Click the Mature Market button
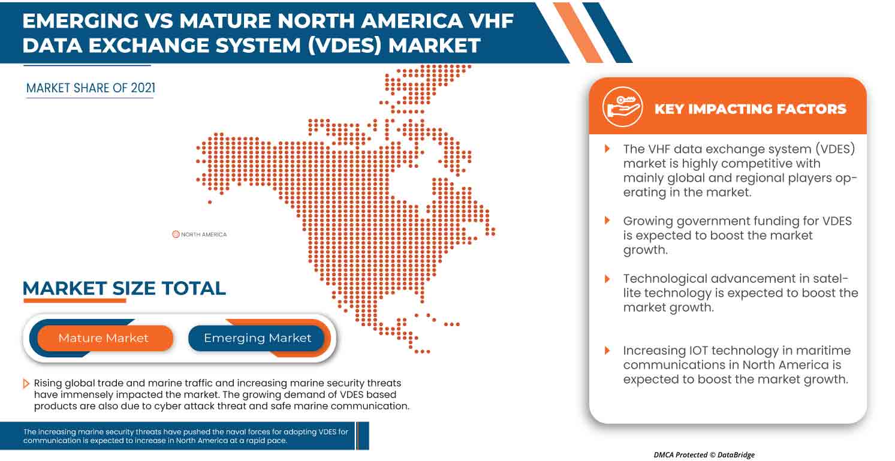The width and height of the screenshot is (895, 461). pyautogui.click(x=103, y=338)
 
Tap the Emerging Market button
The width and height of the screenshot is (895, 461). pyautogui.click(x=257, y=338)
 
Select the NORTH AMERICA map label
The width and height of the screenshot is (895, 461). pyautogui.click(x=204, y=234)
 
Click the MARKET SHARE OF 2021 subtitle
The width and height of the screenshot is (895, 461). pyautogui.click(x=91, y=88)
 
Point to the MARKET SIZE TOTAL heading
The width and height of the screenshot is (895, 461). pyautogui.click(x=124, y=288)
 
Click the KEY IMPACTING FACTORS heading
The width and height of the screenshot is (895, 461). pyautogui.click(x=750, y=109)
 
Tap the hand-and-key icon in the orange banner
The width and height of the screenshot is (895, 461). pyautogui.click(x=622, y=107)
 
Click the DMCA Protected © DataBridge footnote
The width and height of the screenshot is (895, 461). pyautogui.click(x=704, y=454)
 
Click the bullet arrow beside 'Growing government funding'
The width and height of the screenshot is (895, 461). pyautogui.click(x=607, y=221)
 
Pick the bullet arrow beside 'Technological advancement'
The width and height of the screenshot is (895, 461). pyautogui.click(x=607, y=279)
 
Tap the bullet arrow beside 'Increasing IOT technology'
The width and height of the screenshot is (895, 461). pyautogui.click(x=607, y=350)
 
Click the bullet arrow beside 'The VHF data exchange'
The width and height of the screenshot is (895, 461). pyautogui.click(x=607, y=149)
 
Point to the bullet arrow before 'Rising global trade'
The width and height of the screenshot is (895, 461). pyautogui.click(x=26, y=383)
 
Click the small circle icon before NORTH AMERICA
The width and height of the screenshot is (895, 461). pyautogui.click(x=176, y=234)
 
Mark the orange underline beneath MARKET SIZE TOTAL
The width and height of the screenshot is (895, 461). pyautogui.click(x=74, y=300)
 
